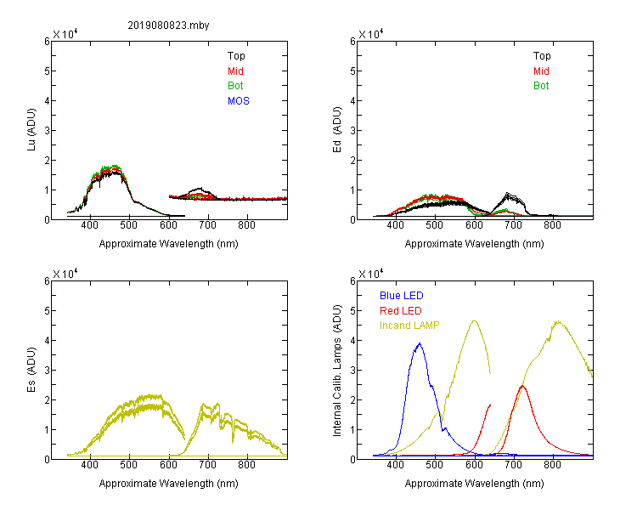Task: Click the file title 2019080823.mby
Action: pos(168,25)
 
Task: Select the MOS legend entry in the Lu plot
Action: pos(239,101)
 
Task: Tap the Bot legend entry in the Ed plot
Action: pos(541,86)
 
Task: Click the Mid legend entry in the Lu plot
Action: pos(235,71)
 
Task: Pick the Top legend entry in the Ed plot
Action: pos(542,56)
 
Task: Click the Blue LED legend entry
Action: pos(402,296)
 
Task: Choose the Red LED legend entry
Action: pos(401,311)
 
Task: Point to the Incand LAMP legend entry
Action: pos(409,326)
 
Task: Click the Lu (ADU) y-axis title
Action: pos(31,130)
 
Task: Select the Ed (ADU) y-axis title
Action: pos(337,130)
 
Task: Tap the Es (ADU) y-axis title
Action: pos(31,370)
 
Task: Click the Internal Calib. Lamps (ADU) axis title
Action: pos(337,371)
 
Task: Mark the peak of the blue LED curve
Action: pos(420,343)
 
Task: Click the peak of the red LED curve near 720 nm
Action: pos(522,386)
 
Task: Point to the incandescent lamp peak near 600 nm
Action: pos(474,321)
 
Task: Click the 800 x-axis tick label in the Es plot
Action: pos(246,465)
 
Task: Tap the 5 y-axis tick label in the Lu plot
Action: pos(47,71)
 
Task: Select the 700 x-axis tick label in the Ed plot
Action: pos(513,225)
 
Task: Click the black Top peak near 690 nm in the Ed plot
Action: pos(508,194)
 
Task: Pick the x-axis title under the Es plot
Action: pos(169,484)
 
